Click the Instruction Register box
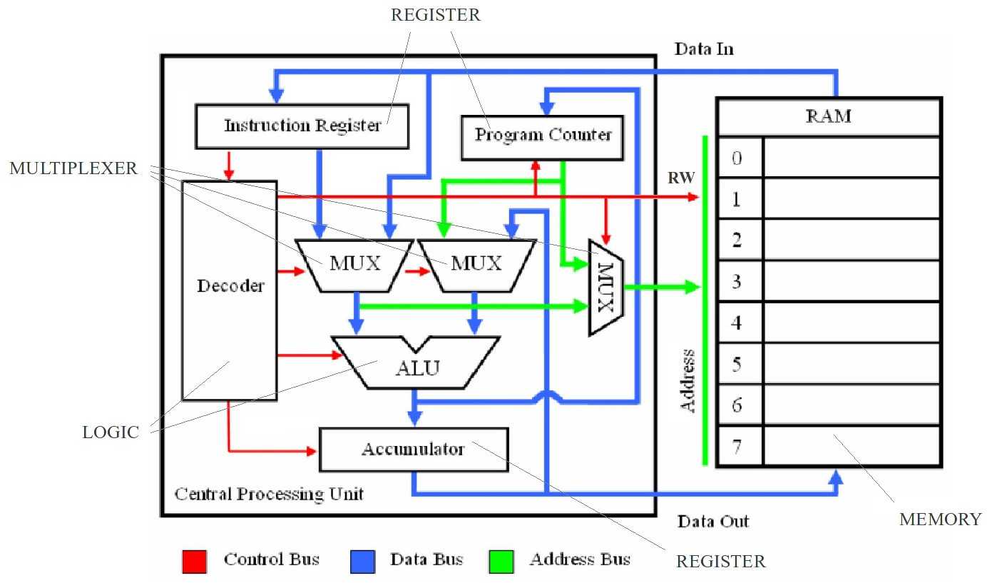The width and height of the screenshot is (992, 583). pos(302,126)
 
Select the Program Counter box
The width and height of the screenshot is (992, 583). pos(543,138)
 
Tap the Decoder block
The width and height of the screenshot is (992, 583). pos(230,290)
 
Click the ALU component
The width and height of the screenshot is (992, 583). pos(416,363)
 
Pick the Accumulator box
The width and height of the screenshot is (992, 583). pos(414,450)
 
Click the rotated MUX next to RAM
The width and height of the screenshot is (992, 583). pos(606,288)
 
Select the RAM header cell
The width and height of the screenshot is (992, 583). pos(829,116)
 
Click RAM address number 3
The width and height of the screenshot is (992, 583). pos(737,281)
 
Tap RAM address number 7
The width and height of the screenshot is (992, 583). pos(737,446)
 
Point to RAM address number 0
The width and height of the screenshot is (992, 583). pos(737,158)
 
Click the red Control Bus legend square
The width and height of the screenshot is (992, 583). pos(195,562)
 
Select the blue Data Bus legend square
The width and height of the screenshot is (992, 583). pos(363,562)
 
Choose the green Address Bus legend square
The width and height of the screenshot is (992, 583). pos(501,562)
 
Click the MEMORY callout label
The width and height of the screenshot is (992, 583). pos(941,519)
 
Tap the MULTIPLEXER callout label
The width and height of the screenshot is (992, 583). pos(73,168)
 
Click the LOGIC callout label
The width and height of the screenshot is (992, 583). pos(111,432)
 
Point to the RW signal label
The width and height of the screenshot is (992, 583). pos(681,178)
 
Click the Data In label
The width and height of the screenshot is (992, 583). pos(704,49)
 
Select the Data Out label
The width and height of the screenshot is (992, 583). pos(713,522)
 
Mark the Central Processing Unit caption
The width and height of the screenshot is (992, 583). pos(269,494)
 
